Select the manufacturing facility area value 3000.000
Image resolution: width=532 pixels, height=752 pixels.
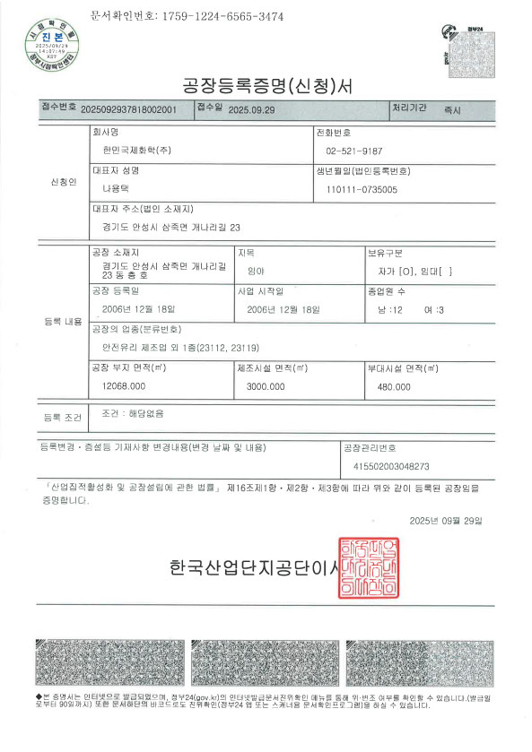click(x=265, y=385)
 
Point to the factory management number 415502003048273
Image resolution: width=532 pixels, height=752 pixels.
click(x=387, y=466)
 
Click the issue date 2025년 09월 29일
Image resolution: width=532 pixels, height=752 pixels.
click(x=445, y=520)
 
